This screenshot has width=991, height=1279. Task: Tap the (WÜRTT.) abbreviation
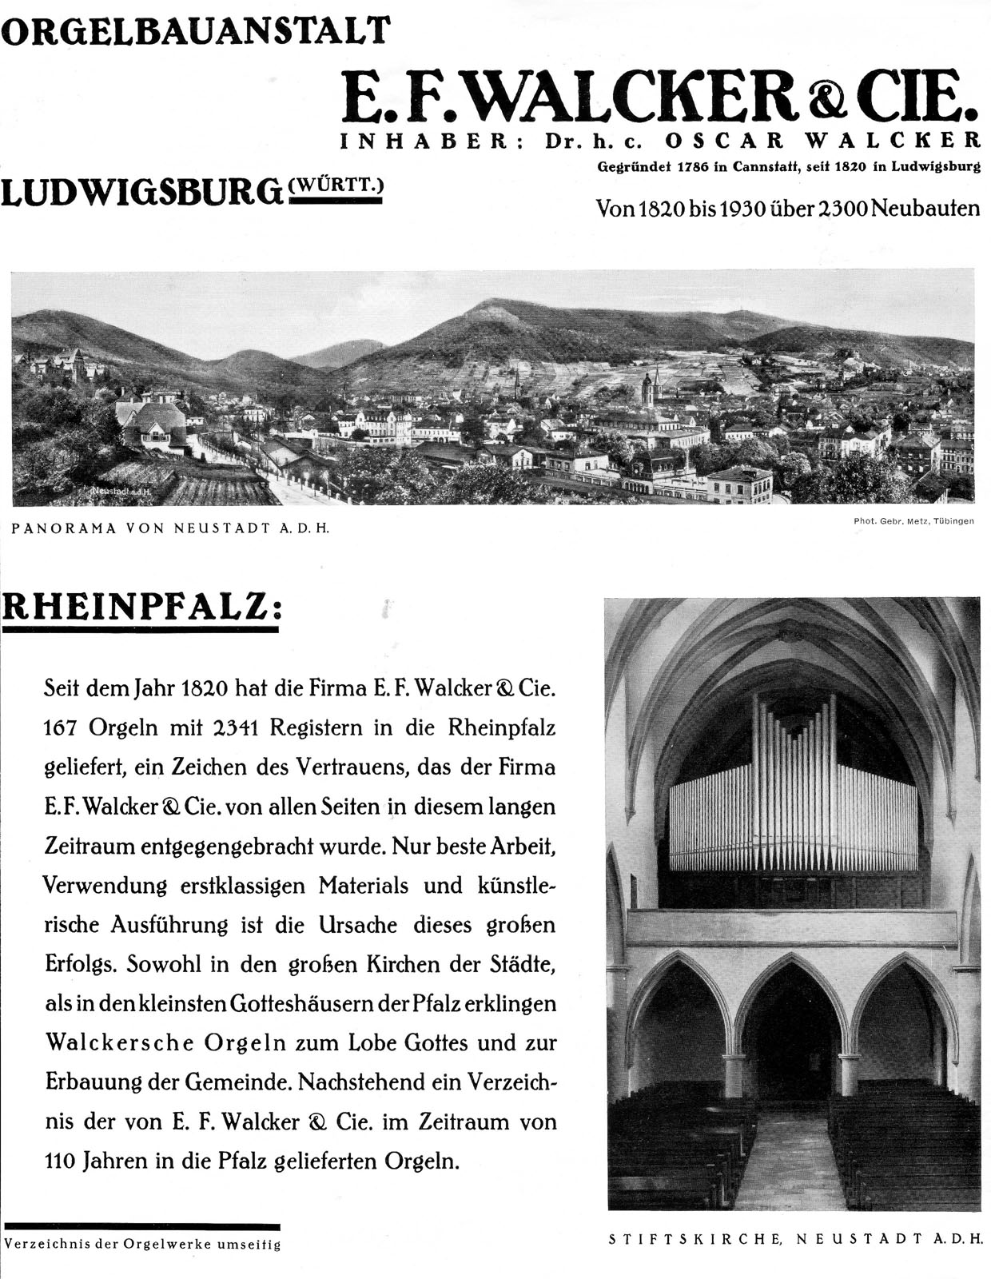coord(336,185)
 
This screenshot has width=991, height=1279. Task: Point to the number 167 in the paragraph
coord(61,728)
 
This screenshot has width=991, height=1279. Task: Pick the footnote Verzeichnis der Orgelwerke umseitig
coord(142,1245)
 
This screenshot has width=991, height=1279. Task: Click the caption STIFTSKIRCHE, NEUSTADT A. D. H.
coord(794,1240)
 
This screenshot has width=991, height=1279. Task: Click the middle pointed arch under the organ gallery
coord(791,1031)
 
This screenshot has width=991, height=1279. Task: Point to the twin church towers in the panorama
coord(651,388)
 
